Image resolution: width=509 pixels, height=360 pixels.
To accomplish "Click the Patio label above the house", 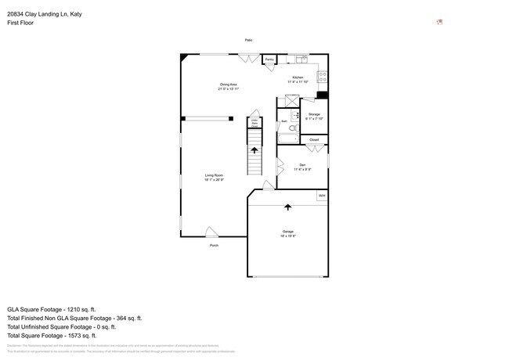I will pyautogui.click(x=248, y=40).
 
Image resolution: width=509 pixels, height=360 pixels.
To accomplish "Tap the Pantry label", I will pyautogui.click(x=269, y=59).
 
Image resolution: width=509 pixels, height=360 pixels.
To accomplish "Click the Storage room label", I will pyautogui.click(x=313, y=116).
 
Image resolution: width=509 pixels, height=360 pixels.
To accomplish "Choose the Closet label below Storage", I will pyautogui.click(x=313, y=139).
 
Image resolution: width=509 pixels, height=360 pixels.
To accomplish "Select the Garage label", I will pyautogui.click(x=287, y=232).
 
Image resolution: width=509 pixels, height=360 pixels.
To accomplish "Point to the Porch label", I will pyautogui.click(x=214, y=245).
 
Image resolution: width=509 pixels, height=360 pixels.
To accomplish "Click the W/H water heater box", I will pyautogui.click(x=321, y=196).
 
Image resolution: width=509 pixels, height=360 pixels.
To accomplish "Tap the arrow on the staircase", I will pyautogui.click(x=254, y=149).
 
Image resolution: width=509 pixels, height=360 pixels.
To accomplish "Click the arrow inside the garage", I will pyautogui.click(x=287, y=207).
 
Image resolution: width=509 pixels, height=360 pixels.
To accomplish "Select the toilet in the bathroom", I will pyautogui.click(x=294, y=128).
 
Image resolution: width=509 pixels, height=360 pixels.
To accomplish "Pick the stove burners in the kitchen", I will pyautogui.click(x=322, y=77).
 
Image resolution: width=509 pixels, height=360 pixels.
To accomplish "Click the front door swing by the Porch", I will pyautogui.click(x=211, y=232).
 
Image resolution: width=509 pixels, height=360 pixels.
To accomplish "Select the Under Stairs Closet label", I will pyautogui.click(x=254, y=123).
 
